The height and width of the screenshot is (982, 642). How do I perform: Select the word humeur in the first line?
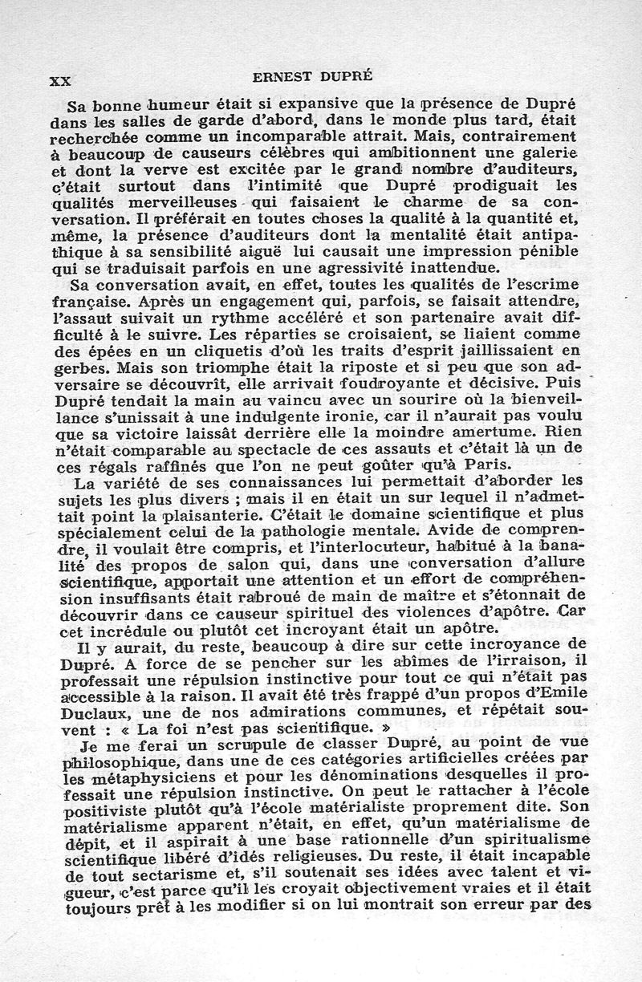click(x=177, y=104)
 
